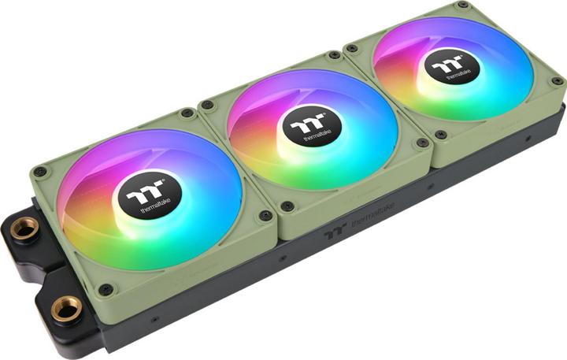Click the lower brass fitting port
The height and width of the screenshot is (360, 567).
(67, 308)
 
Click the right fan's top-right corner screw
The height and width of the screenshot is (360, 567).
(462, 6)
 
